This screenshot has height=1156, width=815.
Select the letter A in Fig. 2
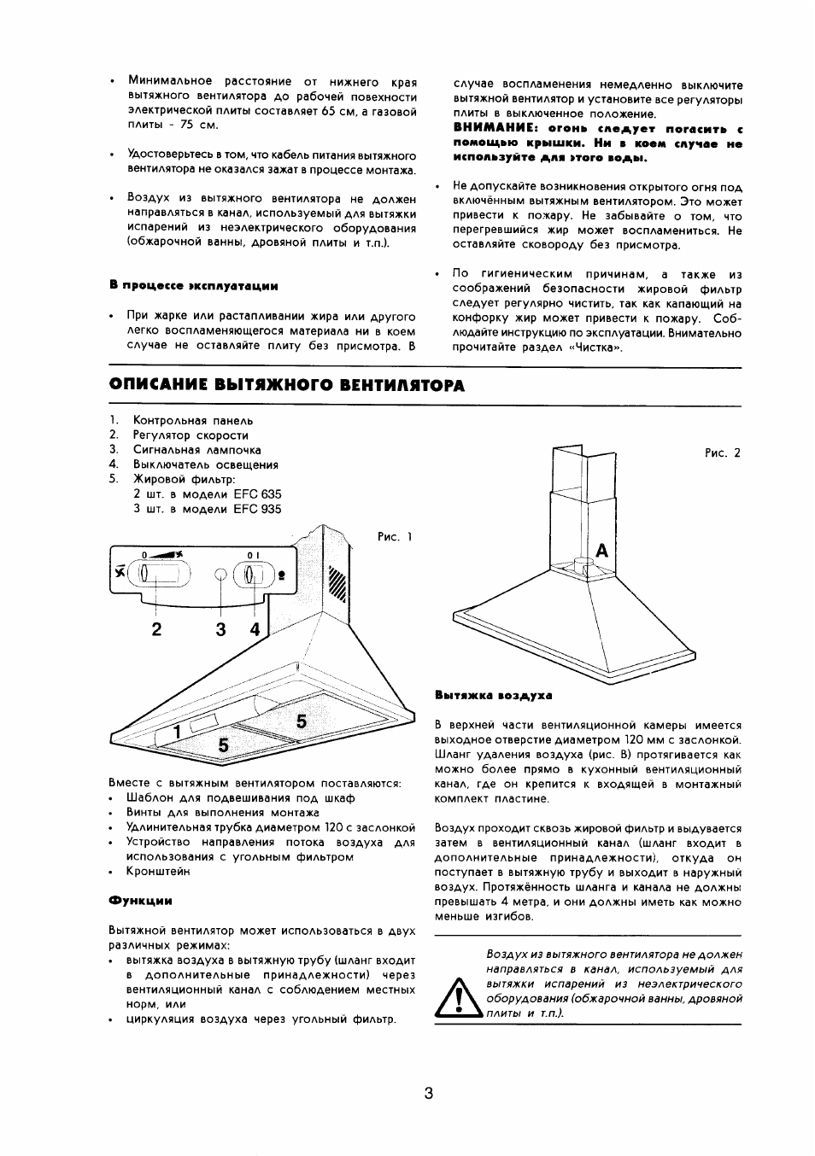click(x=601, y=552)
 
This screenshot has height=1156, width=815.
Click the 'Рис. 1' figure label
click(x=395, y=537)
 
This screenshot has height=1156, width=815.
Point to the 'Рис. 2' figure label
click(x=723, y=453)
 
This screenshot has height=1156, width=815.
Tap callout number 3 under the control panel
click(x=221, y=630)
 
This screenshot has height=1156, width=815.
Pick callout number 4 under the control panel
click(x=255, y=630)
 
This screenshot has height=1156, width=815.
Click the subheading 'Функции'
click(x=140, y=900)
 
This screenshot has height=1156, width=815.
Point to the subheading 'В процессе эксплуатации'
click(x=194, y=285)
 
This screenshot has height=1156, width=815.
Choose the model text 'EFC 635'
click(x=257, y=494)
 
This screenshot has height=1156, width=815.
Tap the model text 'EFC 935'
click(x=257, y=509)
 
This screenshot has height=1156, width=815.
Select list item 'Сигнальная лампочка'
click(x=197, y=450)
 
